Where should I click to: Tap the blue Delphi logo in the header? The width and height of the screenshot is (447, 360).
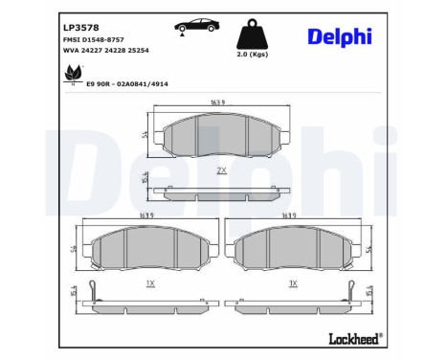pos(340,37)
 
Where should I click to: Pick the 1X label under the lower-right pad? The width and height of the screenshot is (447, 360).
pos(293,284)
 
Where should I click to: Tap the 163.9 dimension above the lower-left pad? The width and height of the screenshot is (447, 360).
pos(146,217)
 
